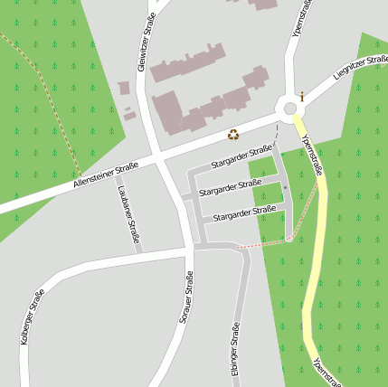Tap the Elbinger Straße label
coord(235,349)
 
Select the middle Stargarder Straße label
coord(230,188)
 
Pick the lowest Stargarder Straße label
coord(244,213)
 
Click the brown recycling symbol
coord(233,135)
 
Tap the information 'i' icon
coord(302,95)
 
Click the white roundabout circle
coord(290,109)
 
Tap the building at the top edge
coord(263,4)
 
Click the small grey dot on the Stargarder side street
coord(285,187)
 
